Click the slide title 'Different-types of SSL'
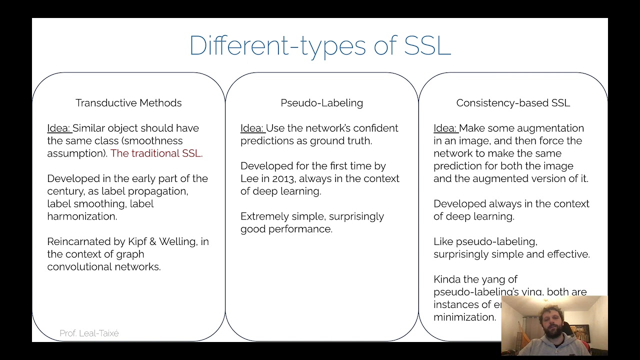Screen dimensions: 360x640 pos(320,46)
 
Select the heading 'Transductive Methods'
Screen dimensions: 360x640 pos(128,103)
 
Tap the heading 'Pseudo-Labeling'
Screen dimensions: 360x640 pos(321,103)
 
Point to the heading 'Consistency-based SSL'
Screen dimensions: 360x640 pos(513,103)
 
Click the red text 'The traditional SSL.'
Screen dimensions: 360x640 pos(156,153)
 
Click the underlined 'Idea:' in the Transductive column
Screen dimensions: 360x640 pos(59,128)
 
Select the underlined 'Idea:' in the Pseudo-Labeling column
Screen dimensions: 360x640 pos(252,128)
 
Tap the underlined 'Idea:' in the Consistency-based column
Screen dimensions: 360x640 pos(445,128)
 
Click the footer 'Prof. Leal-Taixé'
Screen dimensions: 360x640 pos(89,333)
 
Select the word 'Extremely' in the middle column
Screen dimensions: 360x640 pos(262,216)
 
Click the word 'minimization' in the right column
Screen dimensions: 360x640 pos(464,317)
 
